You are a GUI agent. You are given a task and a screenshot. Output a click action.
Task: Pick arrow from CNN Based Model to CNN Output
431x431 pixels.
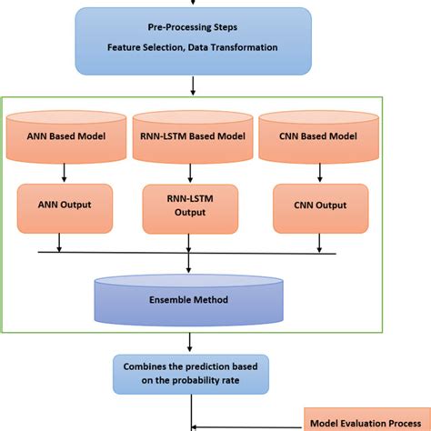coord(315,172)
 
